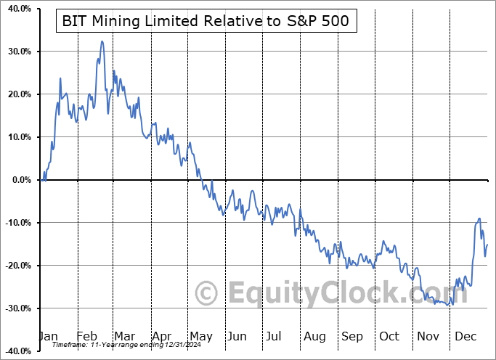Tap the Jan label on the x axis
[x=48, y=336]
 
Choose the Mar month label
[x=124, y=336]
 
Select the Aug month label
[x=315, y=336]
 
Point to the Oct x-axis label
[x=389, y=336]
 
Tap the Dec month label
[x=465, y=336]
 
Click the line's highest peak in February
[x=102, y=41]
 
